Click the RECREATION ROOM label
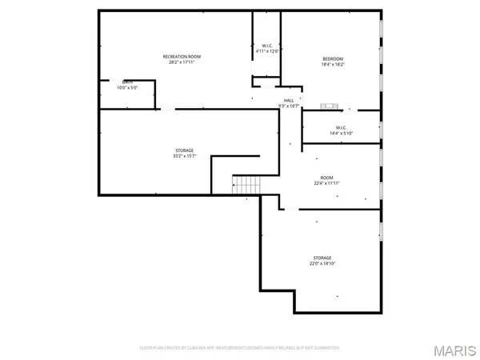pyautogui.click(x=182, y=56)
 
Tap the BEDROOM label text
pyautogui.click(x=333, y=59)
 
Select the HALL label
pyautogui.click(x=288, y=100)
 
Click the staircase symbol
pyautogui.click(x=247, y=185)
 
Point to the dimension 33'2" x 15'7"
pyautogui.click(x=184, y=156)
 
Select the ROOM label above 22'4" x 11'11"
pyautogui.click(x=326, y=178)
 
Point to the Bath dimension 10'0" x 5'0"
pyautogui.click(x=127, y=87)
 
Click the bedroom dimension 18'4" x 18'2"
pyautogui.click(x=333, y=66)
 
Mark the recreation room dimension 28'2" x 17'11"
pyautogui.click(x=182, y=62)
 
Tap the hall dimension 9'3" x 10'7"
pyautogui.click(x=288, y=106)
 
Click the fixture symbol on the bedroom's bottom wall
pyautogui.click(x=330, y=105)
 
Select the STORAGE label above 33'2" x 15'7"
pyautogui.click(x=184, y=150)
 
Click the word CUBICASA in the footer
pyautogui.click(x=198, y=348)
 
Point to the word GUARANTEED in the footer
pyautogui.click(x=325, y=348)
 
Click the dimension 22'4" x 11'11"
pyautogui.click(x=326, y=183)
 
